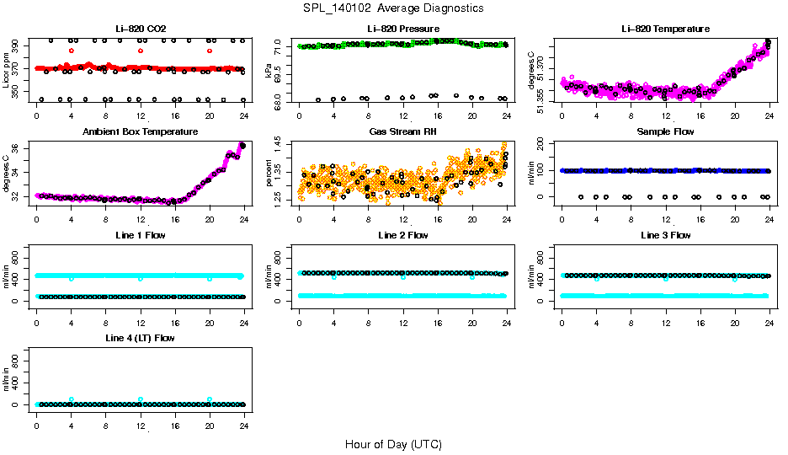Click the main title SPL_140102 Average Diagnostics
click(x=393, y=8)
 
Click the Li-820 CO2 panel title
click(x=140, y=29)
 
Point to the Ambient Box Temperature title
click(x=140, y=132)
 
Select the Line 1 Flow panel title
click(x=140, y=235)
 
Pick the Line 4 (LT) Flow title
click(x=140, y=338)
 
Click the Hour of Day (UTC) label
click(x=393, y=444)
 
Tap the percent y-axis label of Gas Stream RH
click(x=269, y=173)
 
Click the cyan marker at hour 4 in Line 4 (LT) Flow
click(x=72, y=399)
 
